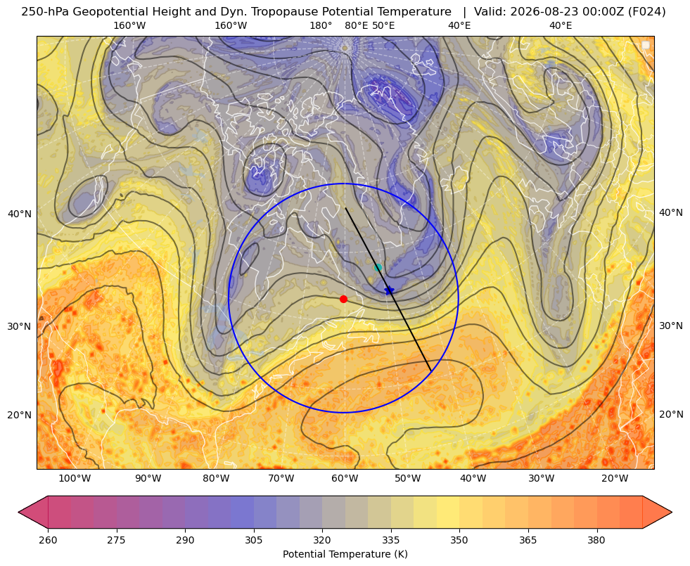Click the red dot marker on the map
coord(344,299)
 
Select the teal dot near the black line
coord(378,267)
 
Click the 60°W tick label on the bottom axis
coord(345,479)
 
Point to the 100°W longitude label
coord(75,479)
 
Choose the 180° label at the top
coord(321,25)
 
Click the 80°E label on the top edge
coord(356,25)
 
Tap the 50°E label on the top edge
coord(383,25)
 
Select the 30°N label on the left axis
coord(20,327)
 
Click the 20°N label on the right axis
coord(671,414)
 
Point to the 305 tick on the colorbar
coord(254,540)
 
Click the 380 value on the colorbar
coord(596,540)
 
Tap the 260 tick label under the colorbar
coord(48,540)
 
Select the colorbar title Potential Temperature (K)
coord(345,554)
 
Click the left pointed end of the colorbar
coord(18,512)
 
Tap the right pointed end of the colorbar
coord(672,512)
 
